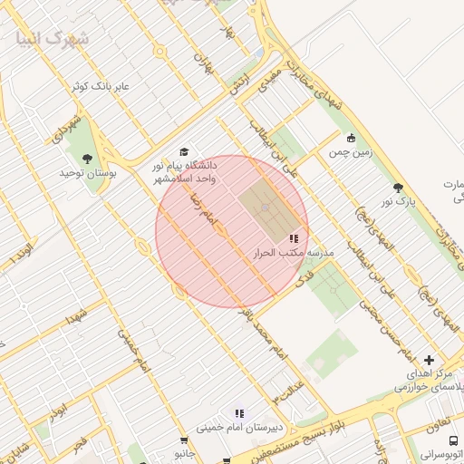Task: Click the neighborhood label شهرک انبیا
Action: coord(53,39)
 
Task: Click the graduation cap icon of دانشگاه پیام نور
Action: coord(185,151)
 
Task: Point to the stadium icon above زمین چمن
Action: coord(352,139)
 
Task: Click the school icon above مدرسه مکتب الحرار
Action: coord(293,238)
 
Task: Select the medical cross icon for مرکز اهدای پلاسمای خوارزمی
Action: coord(429,360)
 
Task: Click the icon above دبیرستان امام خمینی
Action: coord(238,413)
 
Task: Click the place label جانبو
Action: coord(186,450)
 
